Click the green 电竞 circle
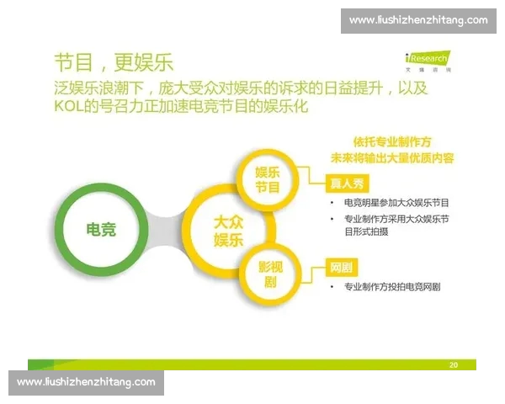pos(101,228)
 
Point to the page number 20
pos(454,364)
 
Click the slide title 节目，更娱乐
pos(113,62)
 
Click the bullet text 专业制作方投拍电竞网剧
pos(392,287)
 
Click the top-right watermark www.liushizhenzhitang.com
pos(418,20)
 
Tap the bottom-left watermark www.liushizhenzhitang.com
pos(87,382)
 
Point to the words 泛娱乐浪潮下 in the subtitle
pos(99,87)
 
